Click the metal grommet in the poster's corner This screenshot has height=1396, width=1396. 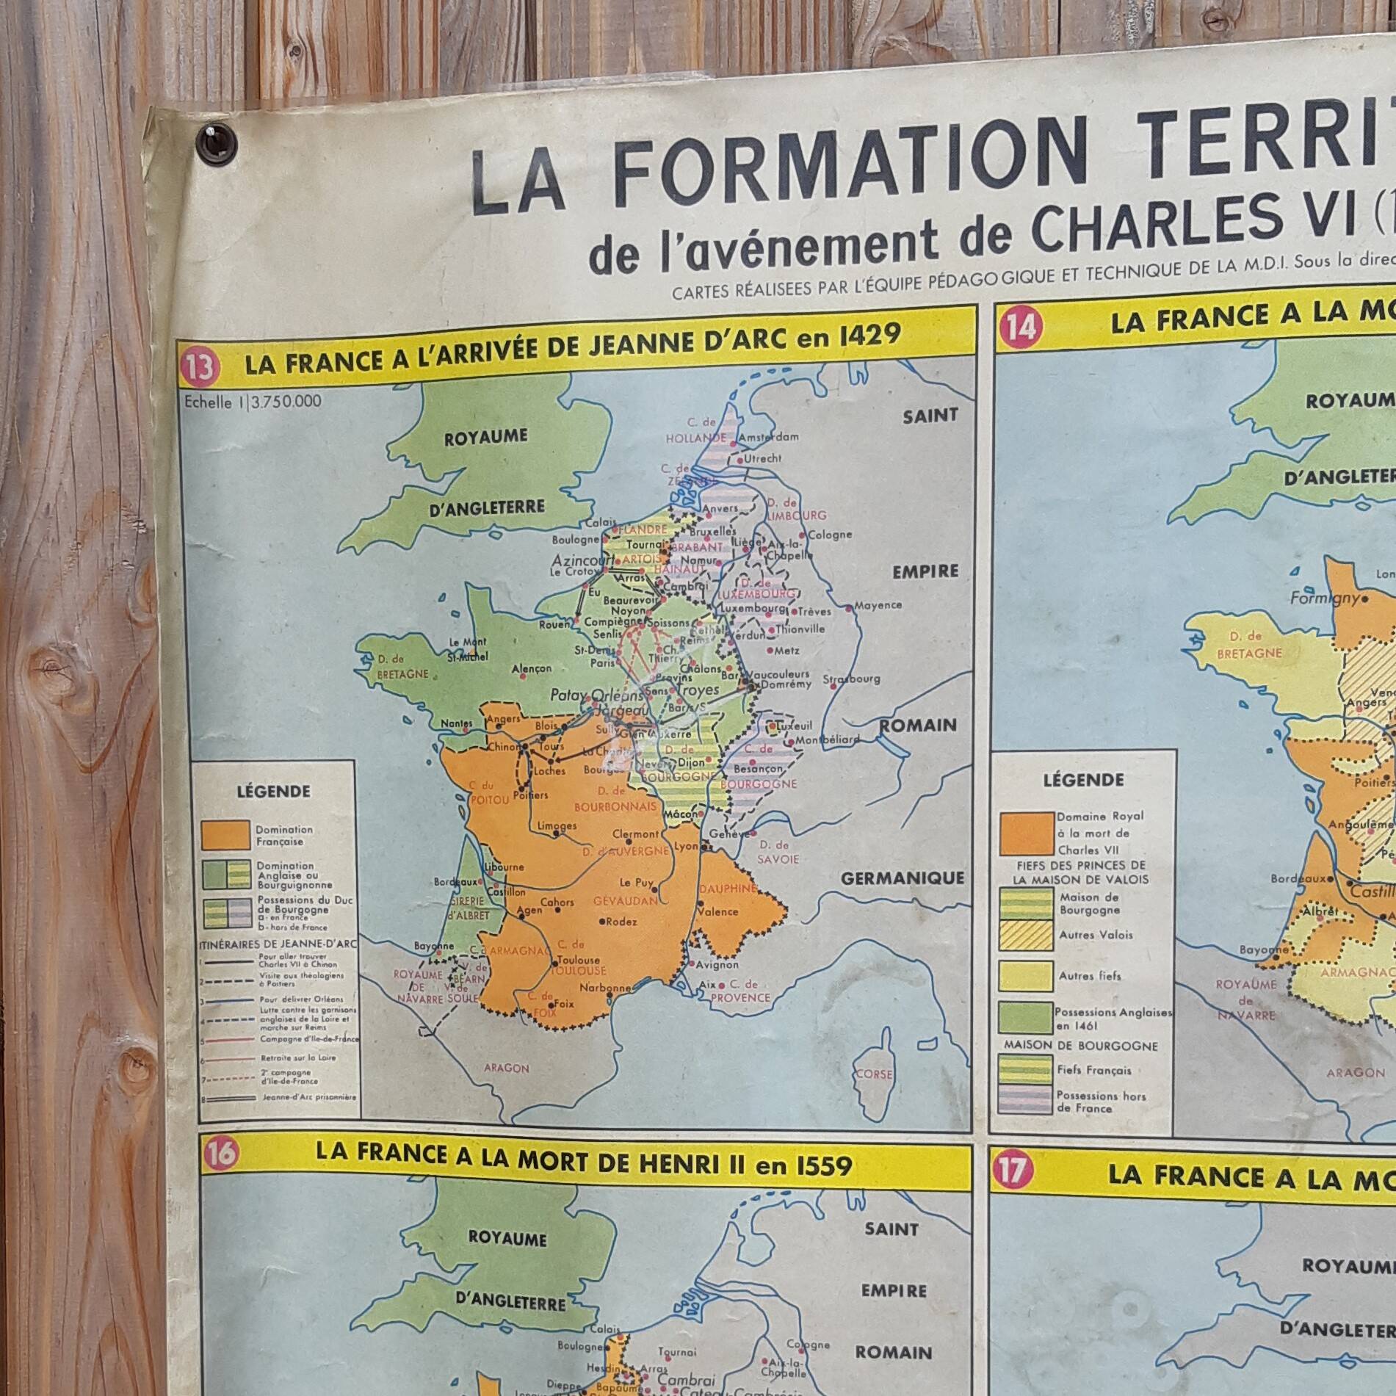217,142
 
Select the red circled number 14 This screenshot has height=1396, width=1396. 1020,326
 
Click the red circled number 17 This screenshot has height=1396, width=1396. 1011,1171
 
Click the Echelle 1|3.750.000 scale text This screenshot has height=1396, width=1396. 253,401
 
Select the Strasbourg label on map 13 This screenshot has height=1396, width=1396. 851,679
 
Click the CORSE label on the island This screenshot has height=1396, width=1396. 874,1074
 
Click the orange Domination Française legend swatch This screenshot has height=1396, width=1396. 225,835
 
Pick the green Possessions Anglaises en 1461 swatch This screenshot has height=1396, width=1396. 1025,1018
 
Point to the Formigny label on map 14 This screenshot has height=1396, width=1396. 1324,598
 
